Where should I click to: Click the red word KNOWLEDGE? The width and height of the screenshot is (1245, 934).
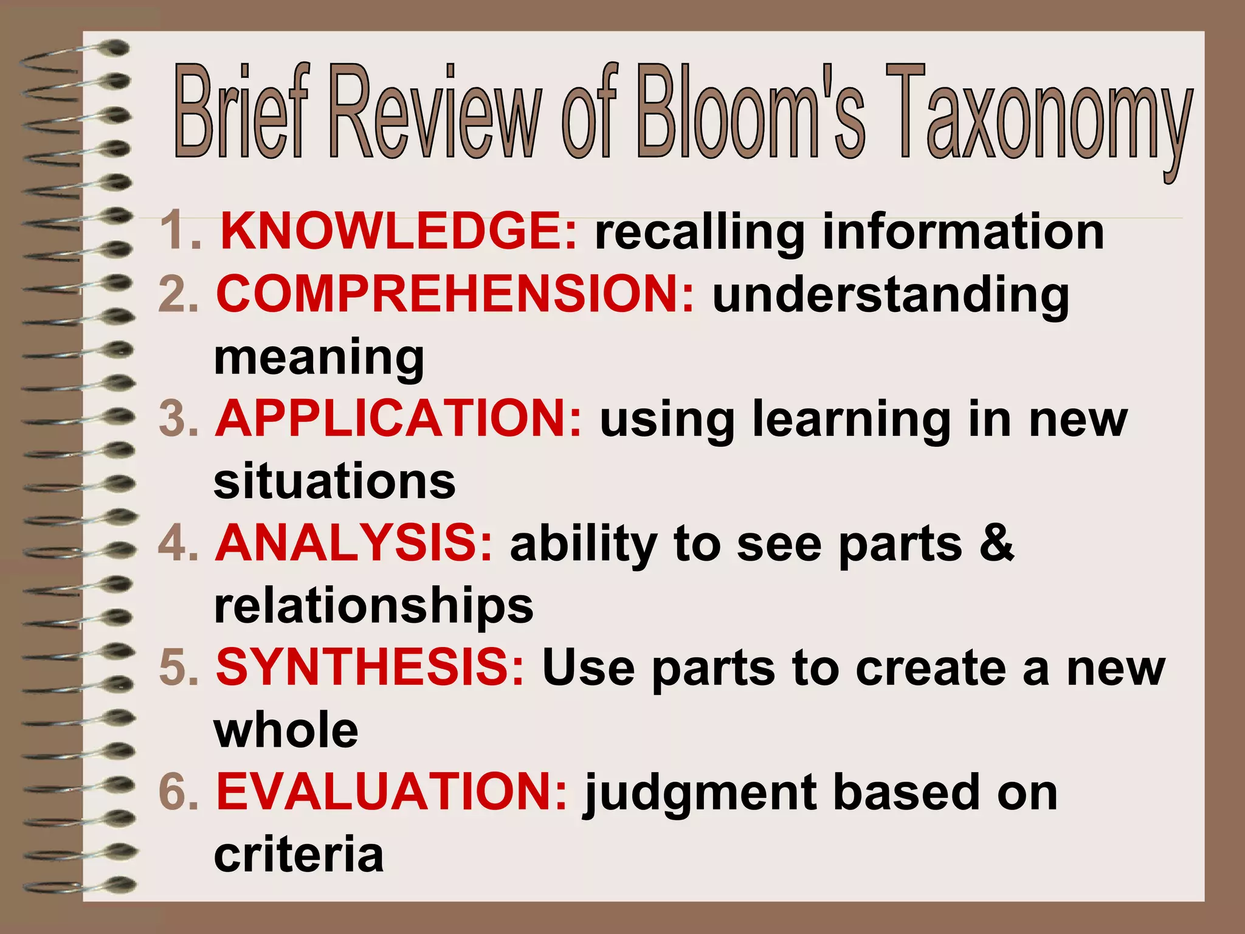(398, 232)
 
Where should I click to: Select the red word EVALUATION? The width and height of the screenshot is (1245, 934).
(392, 792)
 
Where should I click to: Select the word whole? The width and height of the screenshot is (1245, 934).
(286, 730)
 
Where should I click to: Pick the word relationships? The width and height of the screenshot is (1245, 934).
(373, 606)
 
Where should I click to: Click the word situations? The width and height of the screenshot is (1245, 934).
(334, 481)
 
